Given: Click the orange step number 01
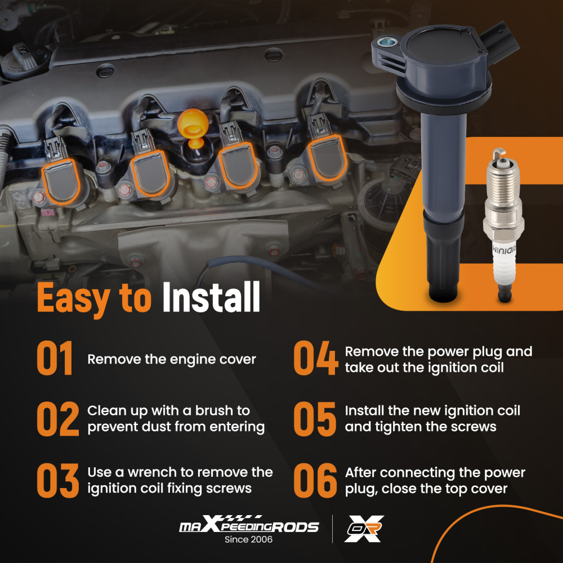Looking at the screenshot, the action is (55, 358).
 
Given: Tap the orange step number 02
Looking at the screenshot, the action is (58, 419).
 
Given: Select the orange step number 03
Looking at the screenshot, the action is (58, 480).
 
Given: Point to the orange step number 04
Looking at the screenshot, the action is (316, 358).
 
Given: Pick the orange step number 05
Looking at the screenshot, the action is (315, 419).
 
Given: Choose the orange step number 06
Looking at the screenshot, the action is (315, 480).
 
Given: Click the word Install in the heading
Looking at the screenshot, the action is (211, 297).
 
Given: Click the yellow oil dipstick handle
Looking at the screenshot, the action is (193, 127).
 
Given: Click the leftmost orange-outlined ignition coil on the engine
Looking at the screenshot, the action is (61, 182).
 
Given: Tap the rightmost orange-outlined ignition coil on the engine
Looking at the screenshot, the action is (327, 158).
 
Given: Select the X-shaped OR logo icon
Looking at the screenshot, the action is (364, 529).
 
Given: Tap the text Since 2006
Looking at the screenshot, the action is (248, 539).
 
